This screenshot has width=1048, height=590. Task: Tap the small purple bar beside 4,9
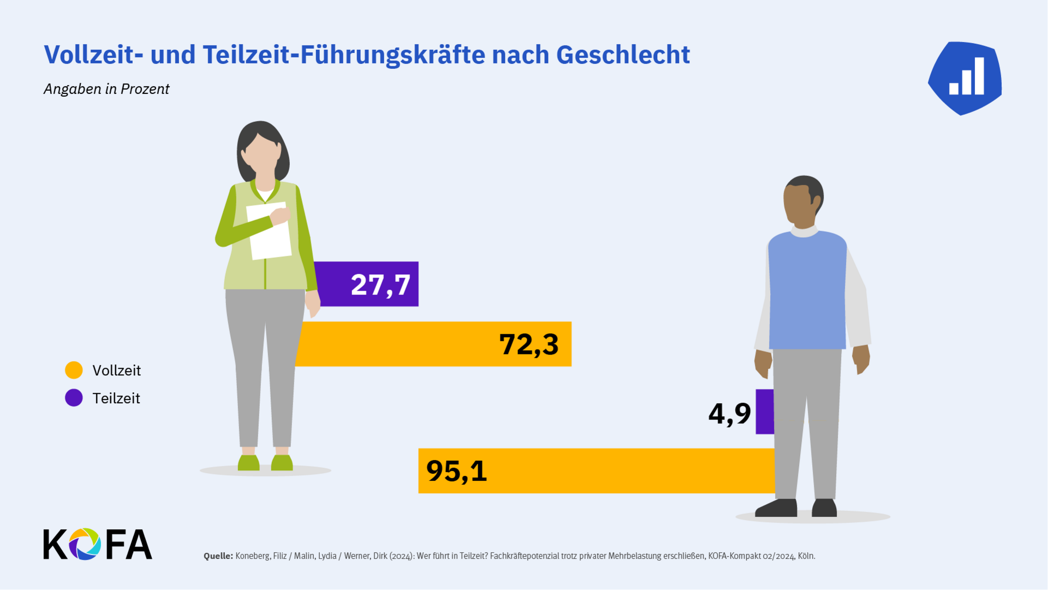coord(764,412)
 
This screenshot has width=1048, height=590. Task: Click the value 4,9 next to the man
coord(729,414)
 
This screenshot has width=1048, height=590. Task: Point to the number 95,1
coord(456,471)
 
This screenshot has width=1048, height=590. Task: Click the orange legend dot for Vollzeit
coord(74,370)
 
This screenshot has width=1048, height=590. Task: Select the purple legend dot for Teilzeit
coord(74,398)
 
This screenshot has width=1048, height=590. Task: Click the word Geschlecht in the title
coord(623,55)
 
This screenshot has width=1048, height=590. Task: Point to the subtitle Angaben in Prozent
coord(106,89)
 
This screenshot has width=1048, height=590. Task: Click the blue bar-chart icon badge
coord(965,78)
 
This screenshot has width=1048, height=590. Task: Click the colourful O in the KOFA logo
coord(85,544)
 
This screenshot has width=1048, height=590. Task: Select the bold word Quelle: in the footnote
coord(218,556)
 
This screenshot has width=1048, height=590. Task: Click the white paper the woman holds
coord(269,232)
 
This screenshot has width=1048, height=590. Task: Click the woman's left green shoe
coord(249,463)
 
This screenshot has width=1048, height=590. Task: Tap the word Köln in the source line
coord(806,556)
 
